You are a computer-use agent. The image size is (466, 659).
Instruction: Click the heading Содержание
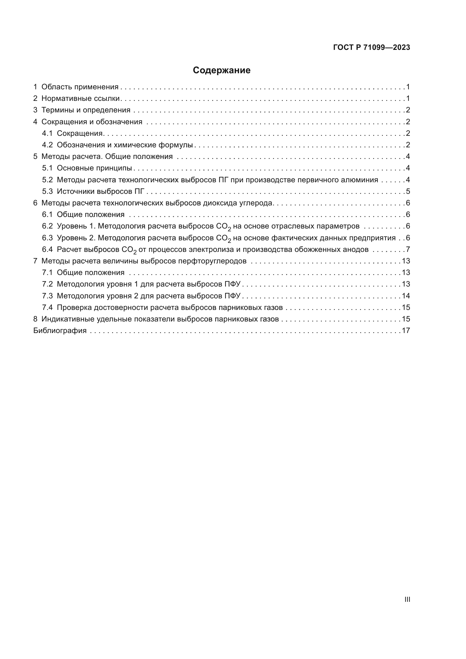(x=221, y=70)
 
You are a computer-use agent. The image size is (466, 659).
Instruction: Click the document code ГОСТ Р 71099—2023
(x=372, y=48)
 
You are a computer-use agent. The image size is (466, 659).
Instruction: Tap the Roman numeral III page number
(x=407, y=599)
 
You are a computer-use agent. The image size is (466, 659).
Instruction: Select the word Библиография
(x=60, y=331)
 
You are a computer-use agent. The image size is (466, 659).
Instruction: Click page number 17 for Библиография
(x=406, y=331)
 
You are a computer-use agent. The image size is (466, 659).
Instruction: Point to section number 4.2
(x=47, y=145)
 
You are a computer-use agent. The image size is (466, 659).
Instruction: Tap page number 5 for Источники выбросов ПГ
(x=408, y=191)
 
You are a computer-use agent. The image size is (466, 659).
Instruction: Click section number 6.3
(x=47, y=238)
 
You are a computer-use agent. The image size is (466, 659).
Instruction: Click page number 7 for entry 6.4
(x=408, y=249)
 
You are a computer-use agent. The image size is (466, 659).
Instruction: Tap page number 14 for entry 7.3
(x=406, y=296)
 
